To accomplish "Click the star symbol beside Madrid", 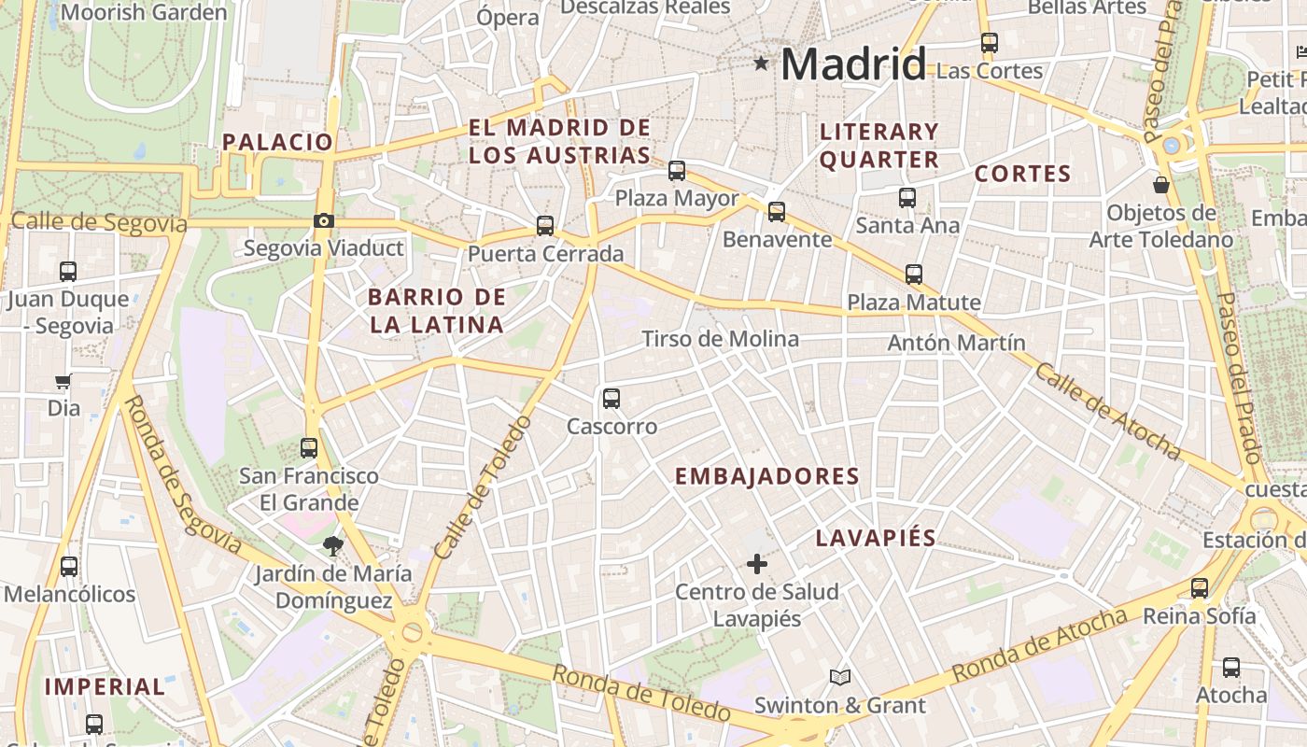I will (x=762, y=63).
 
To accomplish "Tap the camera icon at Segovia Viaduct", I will (x=324, y=221).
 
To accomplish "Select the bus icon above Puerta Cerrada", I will (x=545, y=226).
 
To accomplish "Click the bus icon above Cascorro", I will (x=611, y=399).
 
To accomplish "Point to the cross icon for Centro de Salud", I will (x=757, y=564).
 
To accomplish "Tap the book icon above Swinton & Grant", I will (x=840, y=677).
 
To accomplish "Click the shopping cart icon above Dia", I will (x=63, y=381).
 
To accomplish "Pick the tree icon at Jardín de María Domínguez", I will (x=332, y=545).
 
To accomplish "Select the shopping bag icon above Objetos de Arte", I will (x=1161, y=185).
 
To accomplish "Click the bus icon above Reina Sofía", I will (x=1200, y=588).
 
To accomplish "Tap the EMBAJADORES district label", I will (x=766, y=476).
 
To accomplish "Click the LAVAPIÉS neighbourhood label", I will (x=876, y=538).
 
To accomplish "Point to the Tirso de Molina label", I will (x=720, y=339).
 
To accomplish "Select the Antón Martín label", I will (x=956, y=343).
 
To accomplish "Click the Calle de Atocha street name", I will (x=1107, y=411).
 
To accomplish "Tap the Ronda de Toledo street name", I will (x=639, y=692).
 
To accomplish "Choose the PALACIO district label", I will (x=277, y=142).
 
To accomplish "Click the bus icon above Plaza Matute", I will (x=914, y=275).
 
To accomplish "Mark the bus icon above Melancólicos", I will (x=69, y=567).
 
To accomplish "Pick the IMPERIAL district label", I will (x=105, y=687).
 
